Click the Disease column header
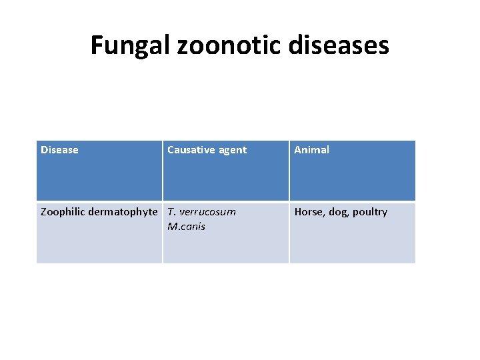tap(59, 150)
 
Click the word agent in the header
tap(231, 151)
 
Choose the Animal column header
tap(312, 150)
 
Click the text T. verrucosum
tap(201, 212)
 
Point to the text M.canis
tap(187, 227)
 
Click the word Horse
tap(309, 212)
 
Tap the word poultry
tap(369, 212)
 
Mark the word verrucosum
tap(207, 212)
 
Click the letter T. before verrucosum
tap(171, 212)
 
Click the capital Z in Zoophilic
tap(44, 212)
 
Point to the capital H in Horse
tap(298, 212)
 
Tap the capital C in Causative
tap(171, 150)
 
